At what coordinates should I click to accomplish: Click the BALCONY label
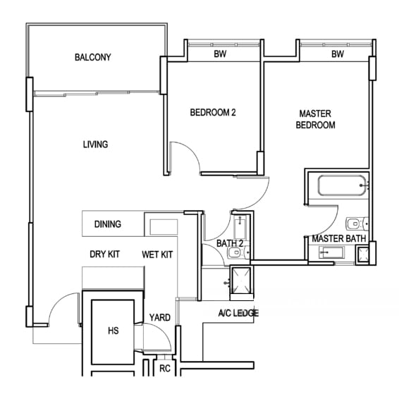pyautogui.click(x=93, y=57)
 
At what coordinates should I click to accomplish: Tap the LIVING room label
pyautogui.click(x=95, y=145)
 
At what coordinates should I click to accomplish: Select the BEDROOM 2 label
pyautogui.click(x=213, y=112)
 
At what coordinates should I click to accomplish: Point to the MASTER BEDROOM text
pyautogui.click(x=315, y=119)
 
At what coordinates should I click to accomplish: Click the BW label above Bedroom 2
pyautogui.click(x=220, y=54)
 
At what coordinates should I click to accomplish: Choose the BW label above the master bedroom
pyautogui.click(x=338, y=54)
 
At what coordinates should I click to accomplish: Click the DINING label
pyautogui.click(x=108, y=224)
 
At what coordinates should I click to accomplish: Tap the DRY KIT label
pyautogui.click(x=104, y=255)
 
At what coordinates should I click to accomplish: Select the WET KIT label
pyautogui.click(x=157, y=255)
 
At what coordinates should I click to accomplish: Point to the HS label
pyautogui.click(x=113, y=331)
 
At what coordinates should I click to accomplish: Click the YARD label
pyautogui.click(x=160, y=317)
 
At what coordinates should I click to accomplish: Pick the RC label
pyautogui.click(x=165, y=369)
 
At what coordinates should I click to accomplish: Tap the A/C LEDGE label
pyautogui.click(x=238, y=313)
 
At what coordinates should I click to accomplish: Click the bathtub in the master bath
pyautogui.click(x=342, y=185)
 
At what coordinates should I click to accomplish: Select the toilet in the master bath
pyautogui.click(x=357, y=224)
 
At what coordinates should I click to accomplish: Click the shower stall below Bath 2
pyautogui.click(x=241, y=281)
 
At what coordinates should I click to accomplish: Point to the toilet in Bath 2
pyautogui.click(x=238, y=252)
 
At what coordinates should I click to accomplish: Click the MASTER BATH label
pyautogui.click(x=338, y=238)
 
